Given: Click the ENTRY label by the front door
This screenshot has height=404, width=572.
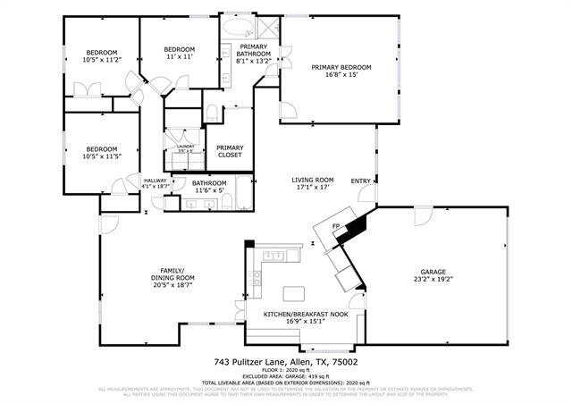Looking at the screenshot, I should (360, 181).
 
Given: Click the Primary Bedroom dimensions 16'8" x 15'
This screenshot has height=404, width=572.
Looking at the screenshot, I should (341, 76).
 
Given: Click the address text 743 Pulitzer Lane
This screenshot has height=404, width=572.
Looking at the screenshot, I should (254, 362).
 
